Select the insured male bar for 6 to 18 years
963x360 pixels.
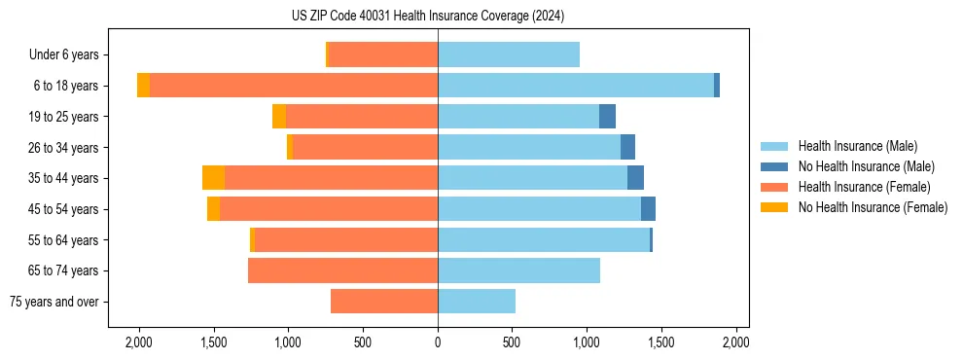(576, 86)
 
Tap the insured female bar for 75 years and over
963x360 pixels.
(384, 302)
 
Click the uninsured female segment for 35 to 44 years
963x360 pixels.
(213, 178)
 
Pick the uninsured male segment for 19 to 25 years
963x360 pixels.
(607, 117)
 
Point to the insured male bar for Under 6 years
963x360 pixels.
(509, 54)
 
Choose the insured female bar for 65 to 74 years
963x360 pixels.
(342, 270)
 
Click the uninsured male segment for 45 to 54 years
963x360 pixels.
(648, 209)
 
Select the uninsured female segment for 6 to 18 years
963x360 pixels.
(143, 86)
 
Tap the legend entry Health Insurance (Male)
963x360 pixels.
(857, 146)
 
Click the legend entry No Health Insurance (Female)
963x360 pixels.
(873, 207)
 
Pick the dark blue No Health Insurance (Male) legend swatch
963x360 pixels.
(775, 166)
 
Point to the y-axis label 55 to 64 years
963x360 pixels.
(65, 240)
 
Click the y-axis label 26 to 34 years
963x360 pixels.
(65, 148)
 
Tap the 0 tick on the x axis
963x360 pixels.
(438, 342)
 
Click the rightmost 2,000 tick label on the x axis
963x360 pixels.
(736, 342)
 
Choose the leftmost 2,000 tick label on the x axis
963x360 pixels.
(139, 342)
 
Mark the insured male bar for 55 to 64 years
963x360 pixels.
(544, 240)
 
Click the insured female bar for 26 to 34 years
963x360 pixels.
(365, 148)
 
